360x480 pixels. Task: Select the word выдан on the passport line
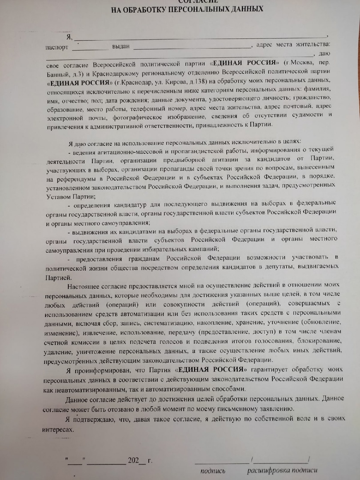point(120,46)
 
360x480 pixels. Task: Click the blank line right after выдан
point(191,46)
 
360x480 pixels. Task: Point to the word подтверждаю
point(96,419)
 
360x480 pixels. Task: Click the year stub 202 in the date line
point(133,460)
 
